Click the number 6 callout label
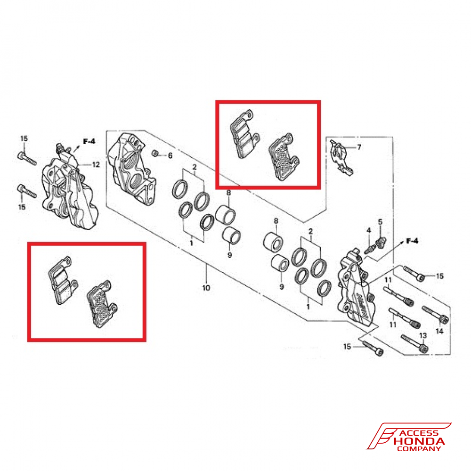click(x=171, y=155)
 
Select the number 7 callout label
click(x=359, y=147)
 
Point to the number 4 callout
click(x=369, y=230)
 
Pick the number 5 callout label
click(x=380, y=221)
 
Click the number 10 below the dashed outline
click(x=206, y=287)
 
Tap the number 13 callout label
click(x=422, y=335)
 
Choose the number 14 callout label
click(x=439, y=332)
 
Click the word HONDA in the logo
click(x=419, y=441)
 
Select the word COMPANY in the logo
click(x=419, y=448)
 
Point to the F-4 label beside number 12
click(x=89, y=141)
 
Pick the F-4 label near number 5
click(x=412, y=241)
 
